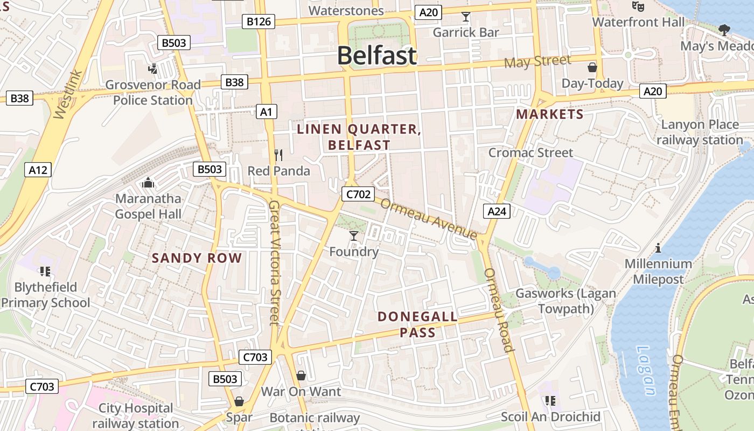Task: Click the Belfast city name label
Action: click(x=377, y=56)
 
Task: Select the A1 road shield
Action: click(x=266, y=112)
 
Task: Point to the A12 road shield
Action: click(x=38, y=170)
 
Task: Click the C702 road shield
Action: click(x=358, y=194)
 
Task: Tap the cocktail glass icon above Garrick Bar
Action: click(x=466, y=17)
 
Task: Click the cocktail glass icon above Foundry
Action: click(x=354, y=235)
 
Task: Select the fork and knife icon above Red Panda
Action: click(x=278, y=155)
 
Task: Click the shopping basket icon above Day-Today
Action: click(x=592, y=67)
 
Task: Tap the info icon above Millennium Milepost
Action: click(x=658, y=248)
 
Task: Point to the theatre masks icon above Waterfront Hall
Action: click(x=638, y=6)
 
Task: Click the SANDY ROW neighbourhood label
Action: click(x=197, y=258)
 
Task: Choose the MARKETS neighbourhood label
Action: click(x=549, y=114)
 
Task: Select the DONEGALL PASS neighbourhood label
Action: click(x=417, y=324)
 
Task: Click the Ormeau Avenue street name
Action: click(x=429, y=219)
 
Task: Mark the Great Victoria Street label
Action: click(x=275, y=263)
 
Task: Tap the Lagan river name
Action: click(x=646, y=371)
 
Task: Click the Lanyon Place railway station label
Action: click(x=700, y=133)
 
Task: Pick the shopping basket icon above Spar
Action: click(x=239, y=401)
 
